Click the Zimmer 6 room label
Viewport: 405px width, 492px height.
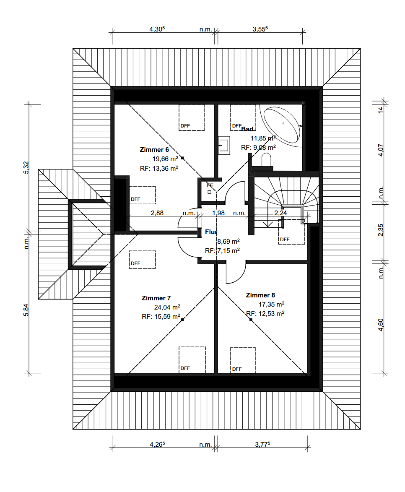[154, 150]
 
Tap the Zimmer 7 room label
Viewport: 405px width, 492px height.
[156, 298]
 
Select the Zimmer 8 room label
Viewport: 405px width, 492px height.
[260, 295]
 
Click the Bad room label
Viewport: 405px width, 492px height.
[247, 129]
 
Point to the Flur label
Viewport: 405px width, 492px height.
[211, 232]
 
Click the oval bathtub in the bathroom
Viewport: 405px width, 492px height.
[281, 123]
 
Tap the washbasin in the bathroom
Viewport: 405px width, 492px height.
[224, 145]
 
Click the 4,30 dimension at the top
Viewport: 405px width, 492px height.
[157, 29]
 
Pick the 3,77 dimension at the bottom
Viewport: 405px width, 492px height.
[262, 444]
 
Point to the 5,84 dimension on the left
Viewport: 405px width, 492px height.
[26, 310]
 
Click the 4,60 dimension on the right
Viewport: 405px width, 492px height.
[381, 325]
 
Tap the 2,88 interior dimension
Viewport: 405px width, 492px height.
[157, 213]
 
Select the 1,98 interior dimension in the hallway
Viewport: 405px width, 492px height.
[218, 213]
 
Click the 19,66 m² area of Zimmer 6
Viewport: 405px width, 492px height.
[165, 159]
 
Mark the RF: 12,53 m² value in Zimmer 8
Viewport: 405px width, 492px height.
[265, 313]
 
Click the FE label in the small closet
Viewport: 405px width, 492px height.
[210, 185]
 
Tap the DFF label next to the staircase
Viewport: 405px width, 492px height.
[285, 239]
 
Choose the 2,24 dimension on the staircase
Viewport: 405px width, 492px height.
[280, 213]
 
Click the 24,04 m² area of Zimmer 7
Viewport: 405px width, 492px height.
[167, 307]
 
